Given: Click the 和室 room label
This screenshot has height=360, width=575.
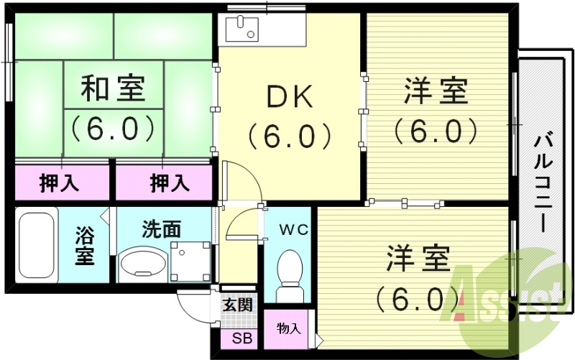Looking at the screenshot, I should pos(113,90).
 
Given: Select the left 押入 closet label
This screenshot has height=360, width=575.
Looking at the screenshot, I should pos(59,183).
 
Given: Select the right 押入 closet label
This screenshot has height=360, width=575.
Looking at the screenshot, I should pos(170,183).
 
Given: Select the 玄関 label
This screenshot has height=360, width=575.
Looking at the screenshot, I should pos(237,304).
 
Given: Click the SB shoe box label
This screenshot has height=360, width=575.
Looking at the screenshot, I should pos(237,338).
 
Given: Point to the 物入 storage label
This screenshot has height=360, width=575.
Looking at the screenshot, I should pos(289,329).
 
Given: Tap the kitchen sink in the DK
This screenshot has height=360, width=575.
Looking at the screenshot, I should pos(244,29).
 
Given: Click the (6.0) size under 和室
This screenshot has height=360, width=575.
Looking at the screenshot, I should pos(113,127).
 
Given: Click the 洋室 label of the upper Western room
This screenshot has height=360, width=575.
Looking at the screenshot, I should pos(436,92).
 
